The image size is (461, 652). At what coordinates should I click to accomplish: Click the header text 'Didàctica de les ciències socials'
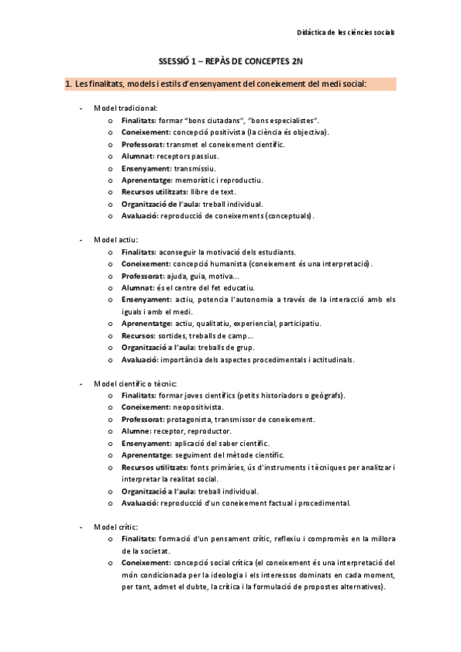pos(346,32)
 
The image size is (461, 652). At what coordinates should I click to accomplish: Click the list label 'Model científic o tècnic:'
pos(135,383)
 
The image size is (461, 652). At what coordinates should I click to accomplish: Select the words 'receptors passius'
pos(187,155)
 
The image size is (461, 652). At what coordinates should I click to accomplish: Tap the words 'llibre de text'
pos(214,191)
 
